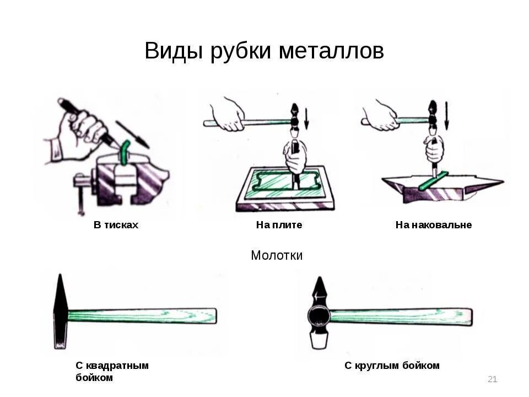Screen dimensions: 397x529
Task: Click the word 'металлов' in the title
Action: click(x=331, y=51)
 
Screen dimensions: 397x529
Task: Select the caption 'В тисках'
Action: click(x=116, y=225)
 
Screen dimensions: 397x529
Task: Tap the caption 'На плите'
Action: click(x=279, y=225)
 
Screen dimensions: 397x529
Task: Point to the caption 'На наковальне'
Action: click(x=433, y=225)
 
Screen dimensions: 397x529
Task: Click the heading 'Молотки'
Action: click(x=277, y=255)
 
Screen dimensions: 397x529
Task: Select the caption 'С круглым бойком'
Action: click(x=392, y=365)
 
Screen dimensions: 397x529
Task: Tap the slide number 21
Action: click(x=493, y=379)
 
